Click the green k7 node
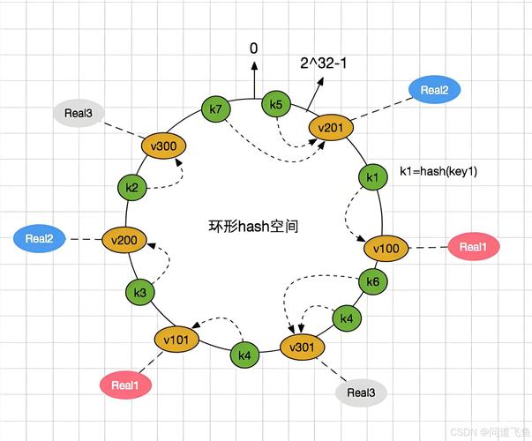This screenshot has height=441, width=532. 215,109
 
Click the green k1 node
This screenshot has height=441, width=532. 371,177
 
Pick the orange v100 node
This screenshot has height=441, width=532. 386,248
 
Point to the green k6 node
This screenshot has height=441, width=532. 373,282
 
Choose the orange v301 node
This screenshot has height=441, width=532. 301,347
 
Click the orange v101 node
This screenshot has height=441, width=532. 176,339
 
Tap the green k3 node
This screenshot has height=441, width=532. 139,292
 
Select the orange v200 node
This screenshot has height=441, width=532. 123,239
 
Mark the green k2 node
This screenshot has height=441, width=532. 131,187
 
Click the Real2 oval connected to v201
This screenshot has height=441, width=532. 434,90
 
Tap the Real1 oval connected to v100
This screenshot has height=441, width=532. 473,248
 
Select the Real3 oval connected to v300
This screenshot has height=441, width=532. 79,113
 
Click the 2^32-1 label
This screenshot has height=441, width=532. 322,64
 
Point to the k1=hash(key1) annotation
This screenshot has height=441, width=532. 438,171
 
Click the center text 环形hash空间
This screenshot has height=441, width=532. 254,227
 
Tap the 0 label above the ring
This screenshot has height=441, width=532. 254,49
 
